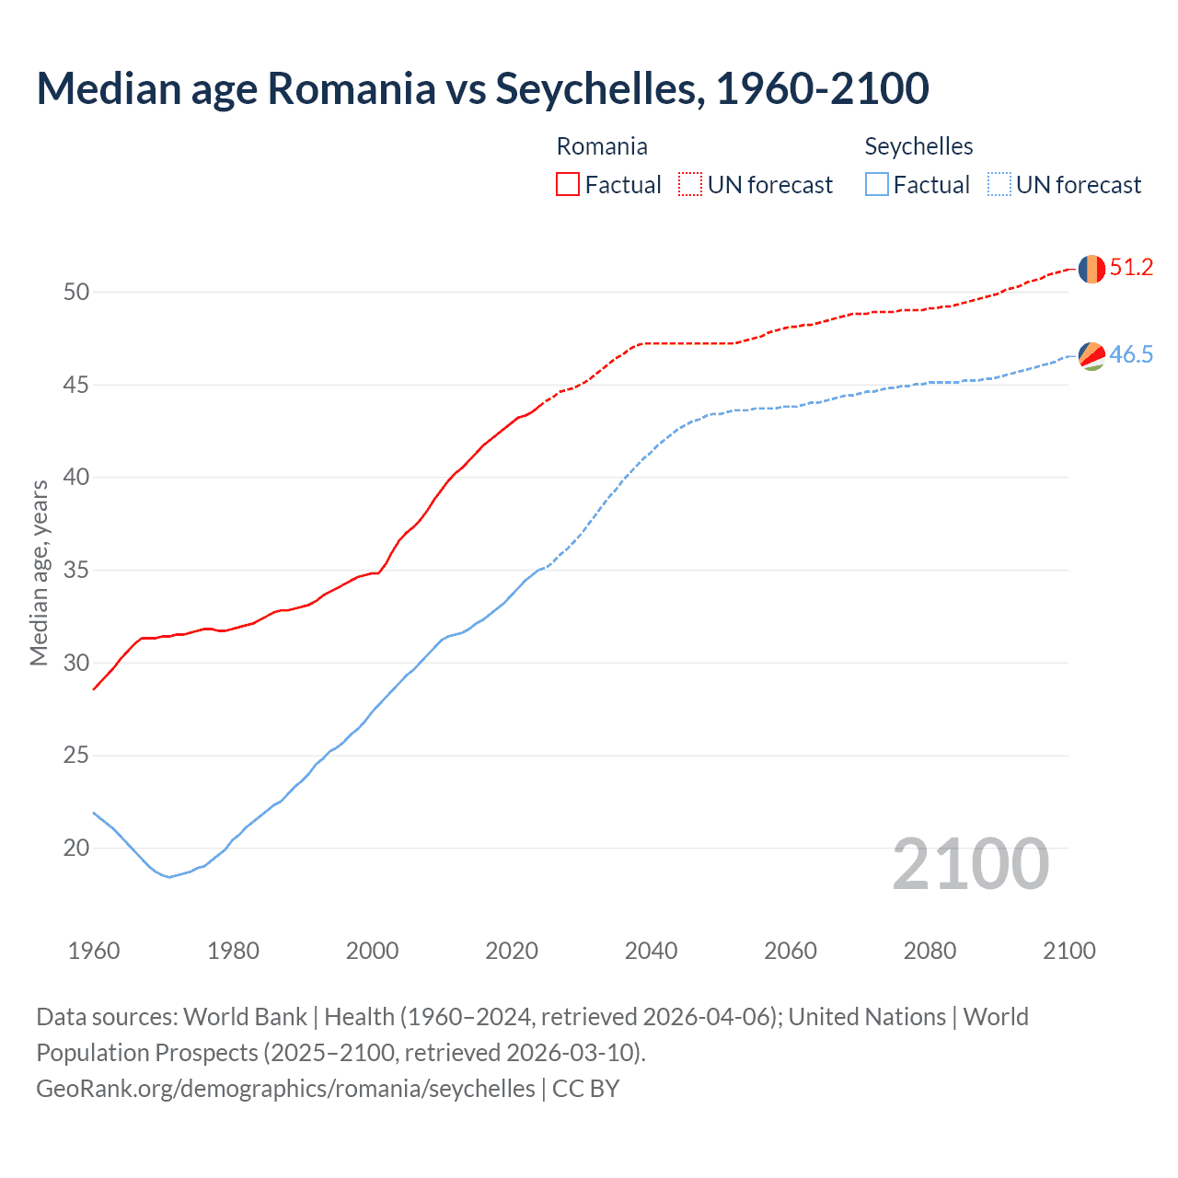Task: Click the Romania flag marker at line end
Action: (x=1091, y=269)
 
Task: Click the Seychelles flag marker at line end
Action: (x=1091, y=355)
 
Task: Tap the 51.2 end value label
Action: (x=1131, y=268)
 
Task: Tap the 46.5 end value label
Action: (x=1131, y=354)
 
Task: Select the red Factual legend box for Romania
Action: (x=568, y=185)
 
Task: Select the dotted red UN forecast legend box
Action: (x=690, y=185)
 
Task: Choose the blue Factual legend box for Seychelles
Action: (x=876, y=185)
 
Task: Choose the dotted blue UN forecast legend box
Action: (x=999, y=185)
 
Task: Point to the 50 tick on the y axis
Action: (x=76, y=292)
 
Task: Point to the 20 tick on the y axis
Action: (x=76, y=848)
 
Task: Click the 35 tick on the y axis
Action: (x=76, y=570)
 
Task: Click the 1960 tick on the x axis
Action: (x=94, y=951)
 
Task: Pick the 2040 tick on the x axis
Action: (x=651, y=951)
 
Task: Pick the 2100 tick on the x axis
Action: (x=1068, y=951)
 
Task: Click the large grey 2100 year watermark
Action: (x=970, y=863)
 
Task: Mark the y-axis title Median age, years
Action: (x=39, y=572)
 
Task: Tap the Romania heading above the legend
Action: (x=602, y=146)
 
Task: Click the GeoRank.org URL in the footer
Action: (x=285, y=1089)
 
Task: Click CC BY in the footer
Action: (x=585, y=1089)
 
